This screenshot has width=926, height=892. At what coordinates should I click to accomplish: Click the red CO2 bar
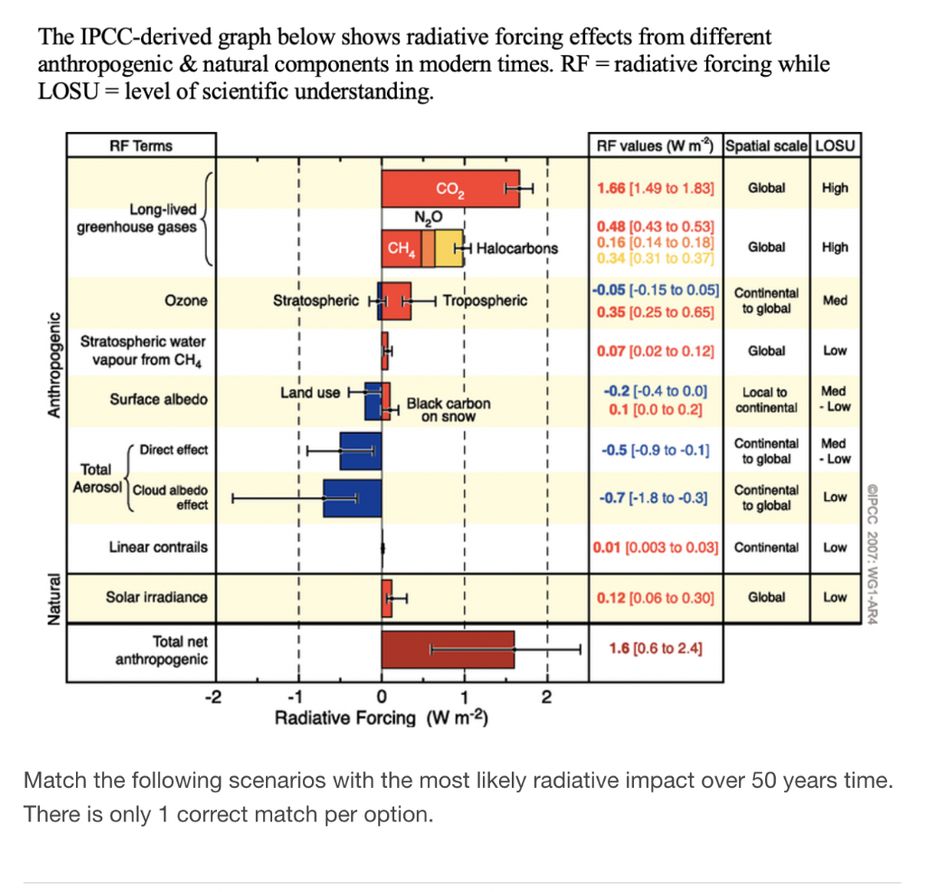coord(449,189)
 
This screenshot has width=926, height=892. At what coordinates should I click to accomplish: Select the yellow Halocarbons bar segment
coord(449,248)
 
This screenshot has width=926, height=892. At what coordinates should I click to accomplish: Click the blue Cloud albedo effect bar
coord(352,498)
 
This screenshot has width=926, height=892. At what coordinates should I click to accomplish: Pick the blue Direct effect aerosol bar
coord(359,450)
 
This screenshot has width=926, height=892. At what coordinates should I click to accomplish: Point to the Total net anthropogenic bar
coord(448,649)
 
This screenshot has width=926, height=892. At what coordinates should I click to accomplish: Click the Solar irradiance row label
coord(156,597)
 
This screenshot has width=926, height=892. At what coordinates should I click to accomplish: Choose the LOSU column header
coord(836,146)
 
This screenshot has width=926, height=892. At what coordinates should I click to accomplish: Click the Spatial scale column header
coord(767,146)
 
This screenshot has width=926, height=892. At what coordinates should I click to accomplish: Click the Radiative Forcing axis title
coord(381,718)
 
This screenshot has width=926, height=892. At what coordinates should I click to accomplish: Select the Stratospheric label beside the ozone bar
coord(316,300)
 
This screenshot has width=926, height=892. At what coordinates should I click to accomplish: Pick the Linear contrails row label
coord(157,547)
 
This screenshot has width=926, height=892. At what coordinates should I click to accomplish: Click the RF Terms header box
coord(141,146)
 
